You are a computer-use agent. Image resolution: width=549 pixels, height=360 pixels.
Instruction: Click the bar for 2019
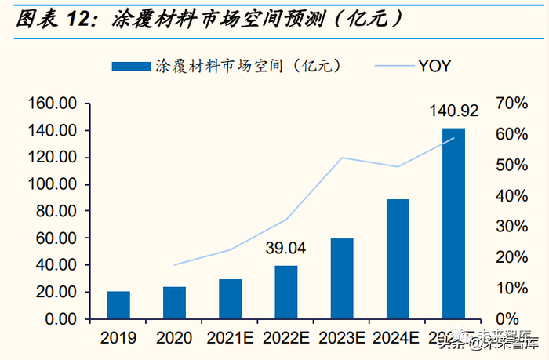pos(118,305)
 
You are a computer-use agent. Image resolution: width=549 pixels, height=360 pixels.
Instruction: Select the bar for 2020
pos(174,303)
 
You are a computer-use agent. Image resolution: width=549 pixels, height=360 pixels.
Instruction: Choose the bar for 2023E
pos(341,278)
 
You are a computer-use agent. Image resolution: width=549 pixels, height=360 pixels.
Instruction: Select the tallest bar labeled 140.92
pos(453,224)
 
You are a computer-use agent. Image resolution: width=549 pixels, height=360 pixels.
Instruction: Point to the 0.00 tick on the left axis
pos(59,319)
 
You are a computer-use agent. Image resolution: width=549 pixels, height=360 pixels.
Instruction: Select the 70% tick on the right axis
pos(510,104)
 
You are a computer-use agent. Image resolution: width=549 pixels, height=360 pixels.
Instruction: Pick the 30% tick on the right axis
pos(510,227)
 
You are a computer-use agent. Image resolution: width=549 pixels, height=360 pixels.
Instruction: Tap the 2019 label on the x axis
pos(118,339)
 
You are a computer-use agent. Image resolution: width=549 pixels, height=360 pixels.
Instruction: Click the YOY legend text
pos(433,66)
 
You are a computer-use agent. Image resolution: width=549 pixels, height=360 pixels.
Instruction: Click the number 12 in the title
pos(87,17)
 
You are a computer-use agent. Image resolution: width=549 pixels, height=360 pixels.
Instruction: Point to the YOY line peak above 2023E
pos(342,158)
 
